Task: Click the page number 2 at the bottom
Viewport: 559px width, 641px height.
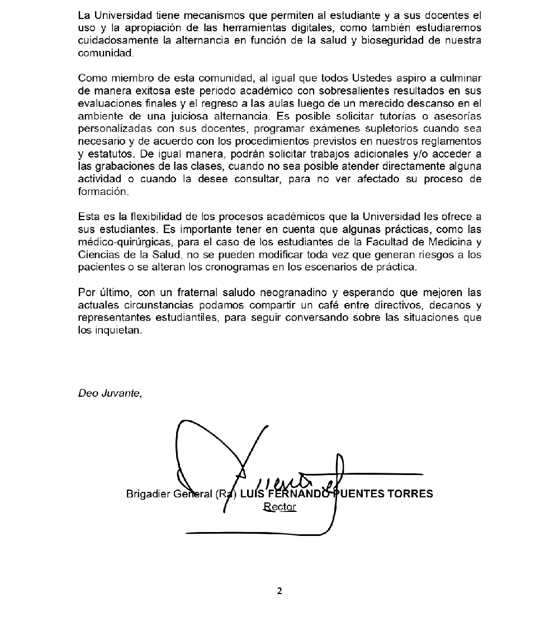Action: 279,591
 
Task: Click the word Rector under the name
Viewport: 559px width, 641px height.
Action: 279,507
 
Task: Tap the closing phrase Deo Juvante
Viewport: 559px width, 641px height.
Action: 110,393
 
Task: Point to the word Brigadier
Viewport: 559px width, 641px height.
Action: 147,494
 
